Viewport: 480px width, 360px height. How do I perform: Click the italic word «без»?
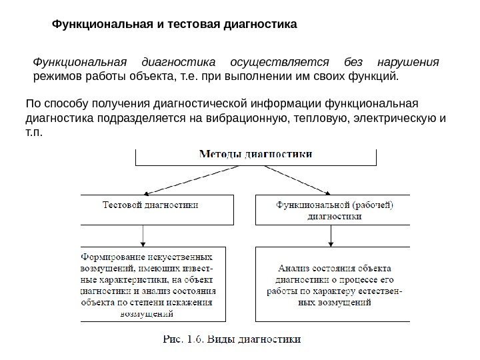(352, 62)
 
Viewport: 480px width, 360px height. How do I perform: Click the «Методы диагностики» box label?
(256, 154)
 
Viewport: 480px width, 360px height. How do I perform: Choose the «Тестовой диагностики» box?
(158, 209)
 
